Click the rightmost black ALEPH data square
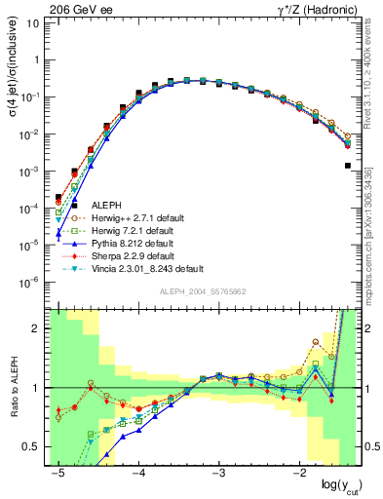pos(348,166)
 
